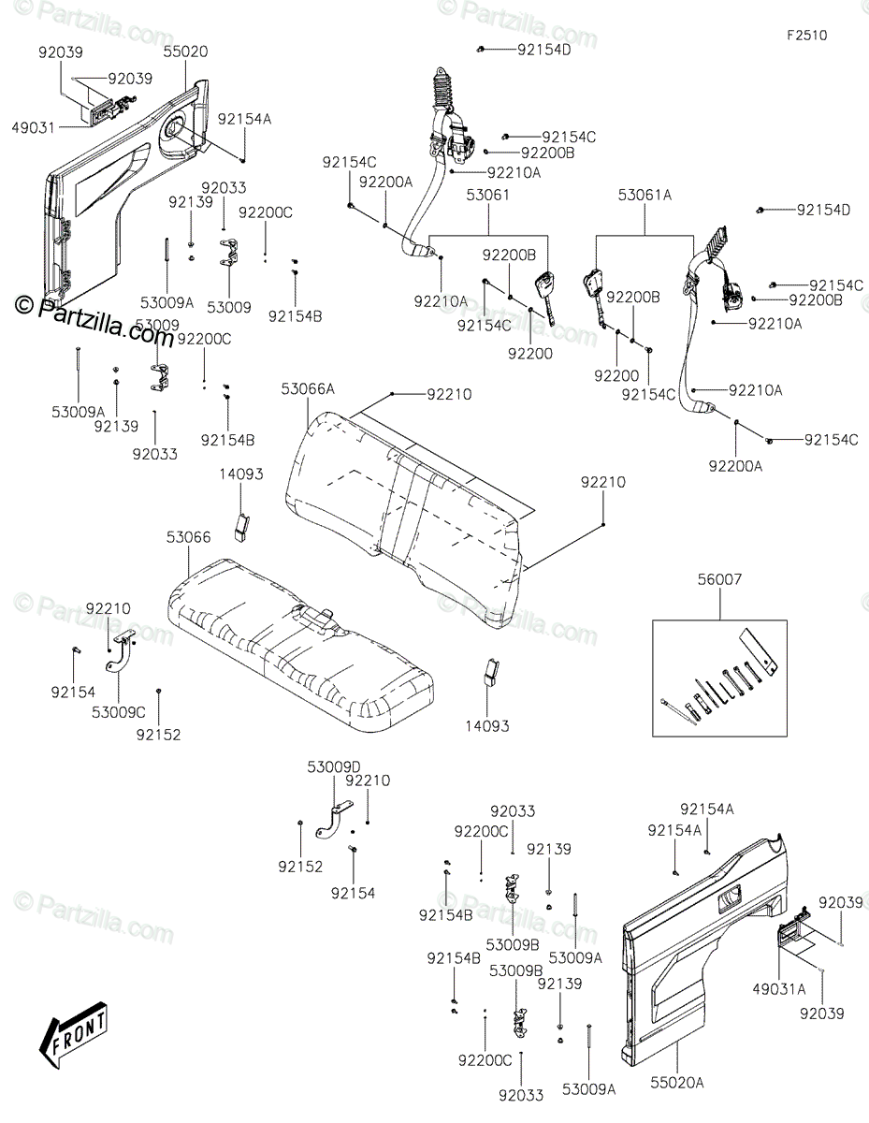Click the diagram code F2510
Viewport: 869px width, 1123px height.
coord(806,35)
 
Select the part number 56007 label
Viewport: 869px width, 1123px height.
coord(719,580)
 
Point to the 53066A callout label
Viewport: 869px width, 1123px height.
coord(307,388)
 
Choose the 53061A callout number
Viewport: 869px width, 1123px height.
coord(645,195)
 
